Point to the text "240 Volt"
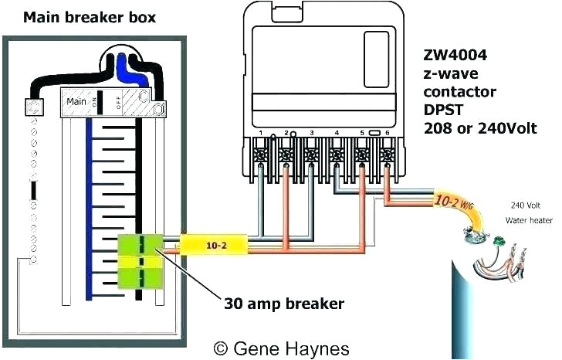click(524, 205)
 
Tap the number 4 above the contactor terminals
click(337, 134)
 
